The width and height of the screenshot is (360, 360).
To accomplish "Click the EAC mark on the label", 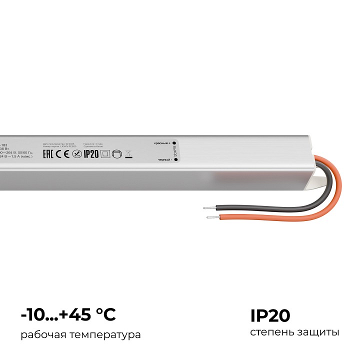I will click(48, 154).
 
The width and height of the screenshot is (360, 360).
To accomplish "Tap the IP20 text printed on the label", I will click(91, 154).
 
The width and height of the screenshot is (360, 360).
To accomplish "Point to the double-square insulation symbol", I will click(104, 154).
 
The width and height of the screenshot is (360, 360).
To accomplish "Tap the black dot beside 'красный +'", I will click(174, 143).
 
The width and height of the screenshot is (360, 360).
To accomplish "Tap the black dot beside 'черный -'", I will click(174, 160).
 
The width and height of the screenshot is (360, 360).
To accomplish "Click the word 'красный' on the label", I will click(161, 143).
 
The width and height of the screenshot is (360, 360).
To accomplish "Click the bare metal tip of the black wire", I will click(206, 206).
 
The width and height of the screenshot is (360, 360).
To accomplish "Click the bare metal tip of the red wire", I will click(211, 217).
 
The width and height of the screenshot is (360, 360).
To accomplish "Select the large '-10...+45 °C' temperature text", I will click(68, 315).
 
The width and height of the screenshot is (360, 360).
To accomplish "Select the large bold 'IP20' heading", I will click(270, 315).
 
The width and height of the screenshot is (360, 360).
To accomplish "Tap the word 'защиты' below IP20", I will click(317, 332).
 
